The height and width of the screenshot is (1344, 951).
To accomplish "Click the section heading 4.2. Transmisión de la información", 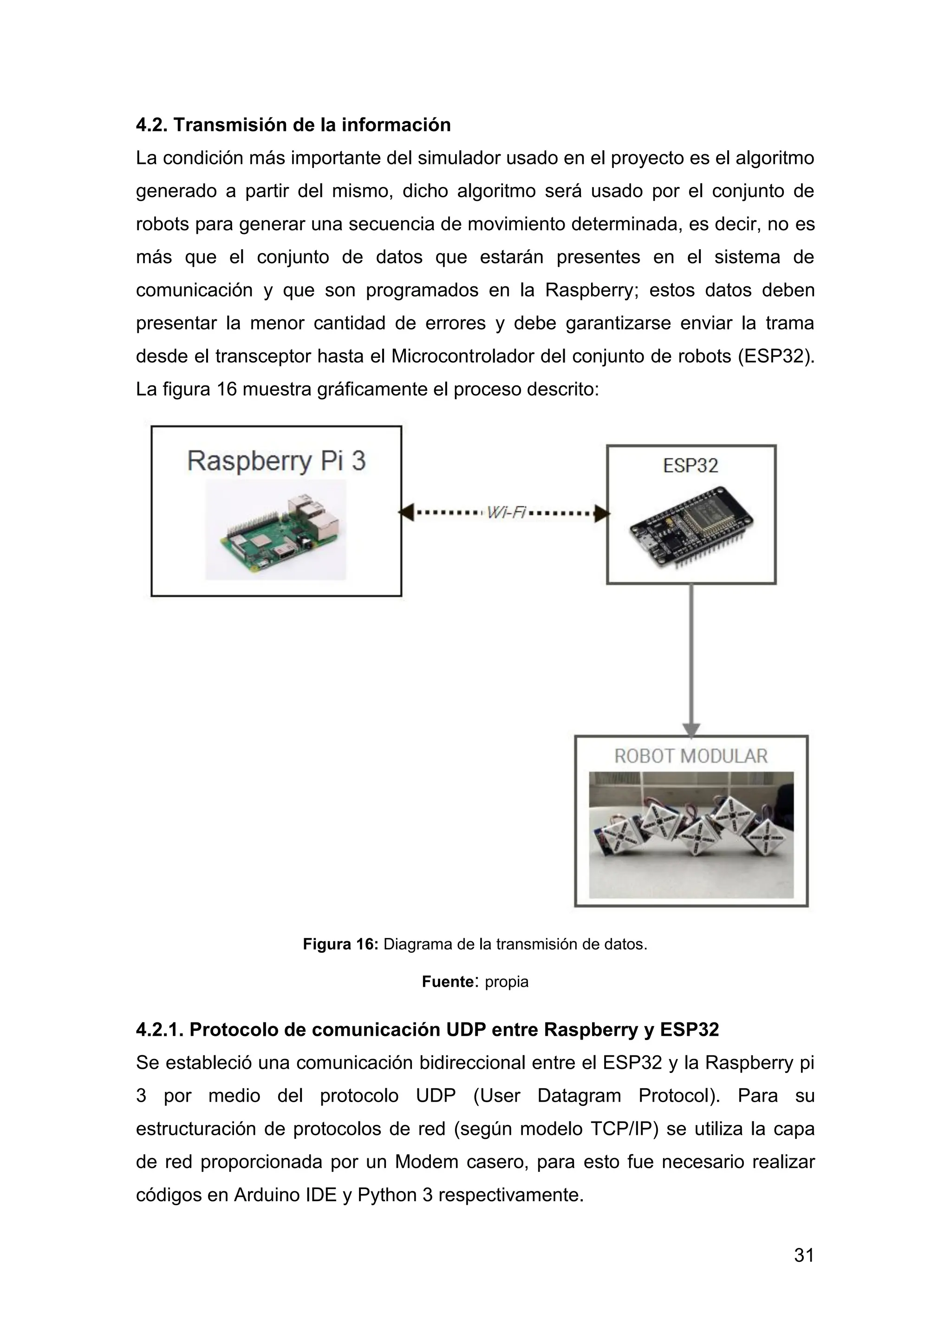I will point(293,125).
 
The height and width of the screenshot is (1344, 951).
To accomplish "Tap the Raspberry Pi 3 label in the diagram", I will point(276,461).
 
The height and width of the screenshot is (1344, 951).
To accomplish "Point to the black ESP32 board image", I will point(691,527).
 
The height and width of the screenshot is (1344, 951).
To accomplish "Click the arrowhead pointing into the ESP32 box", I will point(601,513).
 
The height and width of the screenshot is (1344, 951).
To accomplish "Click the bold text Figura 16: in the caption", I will point(341,944).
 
